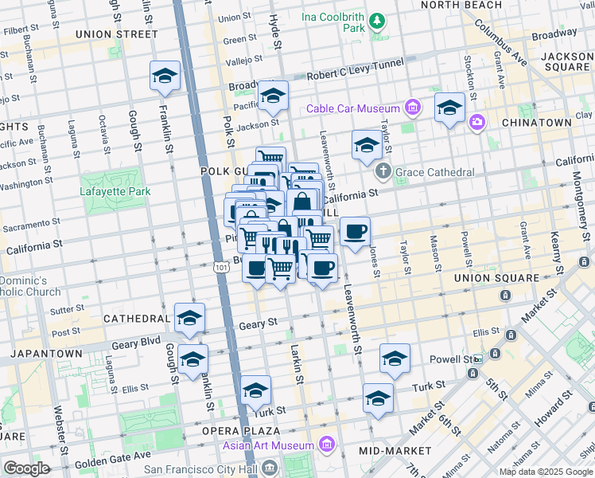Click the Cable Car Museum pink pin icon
tap(413, 108)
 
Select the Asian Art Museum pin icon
tap(325, 444)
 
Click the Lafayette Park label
tap(115, 191)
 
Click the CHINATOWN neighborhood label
tap(537, 123)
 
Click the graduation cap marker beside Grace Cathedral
tap(366, 145)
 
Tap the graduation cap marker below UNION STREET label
tap(165, 75)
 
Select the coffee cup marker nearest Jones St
tap(355, 231)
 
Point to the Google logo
tap(27, 468)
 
